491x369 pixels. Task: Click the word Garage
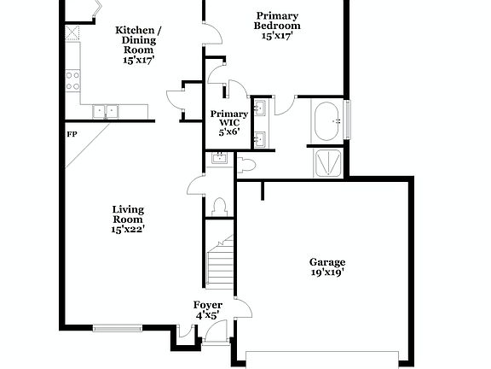[x=327, y=262]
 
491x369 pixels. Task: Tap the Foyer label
[x=208, y=305]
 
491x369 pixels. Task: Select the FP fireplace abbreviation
[x=72, y=134]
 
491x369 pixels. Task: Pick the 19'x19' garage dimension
[x=327, y=273]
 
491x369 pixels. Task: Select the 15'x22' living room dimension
[x=128, y=229]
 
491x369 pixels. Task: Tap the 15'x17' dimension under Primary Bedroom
[x=277, y=37]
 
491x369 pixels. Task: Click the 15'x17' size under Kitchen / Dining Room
[x=139, y=61]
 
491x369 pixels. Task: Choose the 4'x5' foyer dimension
[x=208, y=315]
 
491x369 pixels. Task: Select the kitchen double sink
[x=107, y=110]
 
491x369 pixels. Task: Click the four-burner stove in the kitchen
[x=73, y=80]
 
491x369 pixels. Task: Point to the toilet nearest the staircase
[x=219, y=205]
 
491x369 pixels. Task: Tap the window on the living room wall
[x=117, y=326]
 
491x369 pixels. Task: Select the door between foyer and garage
[x=241, y=312]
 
